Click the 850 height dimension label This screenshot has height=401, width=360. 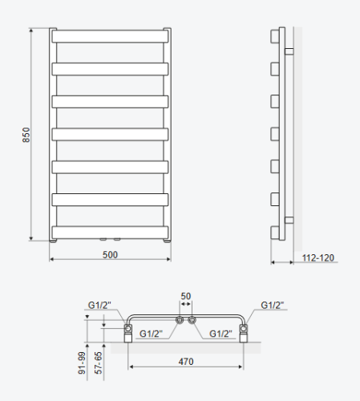(x=26, y=135)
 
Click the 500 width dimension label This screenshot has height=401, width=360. (x=110, y=255)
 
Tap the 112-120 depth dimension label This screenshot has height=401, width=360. (x=318, y=257)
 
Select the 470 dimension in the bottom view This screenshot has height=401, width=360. (x=186, y=362)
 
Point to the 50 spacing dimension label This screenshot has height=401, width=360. (x=186, y=296)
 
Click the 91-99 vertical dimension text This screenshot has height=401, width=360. (x=83, y=363)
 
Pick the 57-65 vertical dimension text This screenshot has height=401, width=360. (x=99, y=363)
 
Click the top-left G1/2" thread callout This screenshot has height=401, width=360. (x=99, y=305)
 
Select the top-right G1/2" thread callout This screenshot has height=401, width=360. (x=273, y=305)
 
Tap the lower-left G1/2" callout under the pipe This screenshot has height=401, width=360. (x=151, y=334)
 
